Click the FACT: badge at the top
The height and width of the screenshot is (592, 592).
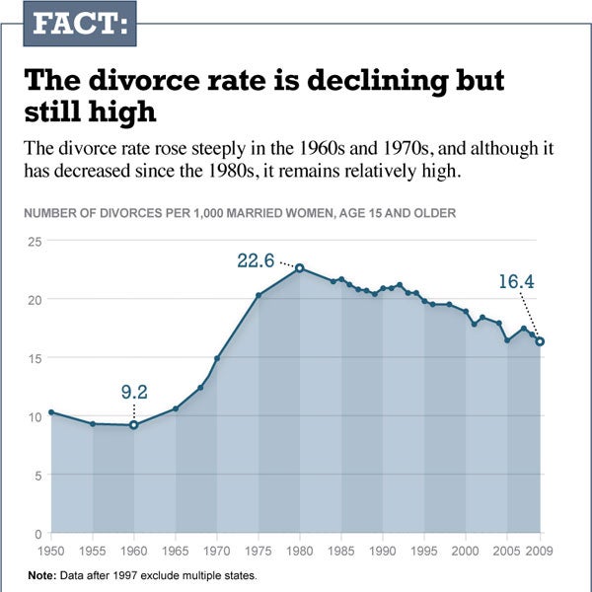coord(79,24)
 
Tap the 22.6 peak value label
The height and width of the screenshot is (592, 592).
coord(256,260)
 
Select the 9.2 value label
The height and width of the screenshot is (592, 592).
coord(134,392)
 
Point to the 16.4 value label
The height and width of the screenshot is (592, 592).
coord(515,282)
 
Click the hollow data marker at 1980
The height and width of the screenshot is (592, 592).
coord(299,267)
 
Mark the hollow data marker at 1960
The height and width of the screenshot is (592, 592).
coord(133,425)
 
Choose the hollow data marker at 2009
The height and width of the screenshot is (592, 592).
coord(540,341)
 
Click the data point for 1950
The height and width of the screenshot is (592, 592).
coord(50,411)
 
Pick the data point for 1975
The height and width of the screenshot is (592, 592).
coord(258,295)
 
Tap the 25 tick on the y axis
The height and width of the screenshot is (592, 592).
coord(34,241)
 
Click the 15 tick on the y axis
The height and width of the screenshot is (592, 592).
coord(34,357)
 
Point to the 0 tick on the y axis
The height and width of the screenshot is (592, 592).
coord(37,534)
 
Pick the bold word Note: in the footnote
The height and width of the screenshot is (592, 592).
coord(42,574)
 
